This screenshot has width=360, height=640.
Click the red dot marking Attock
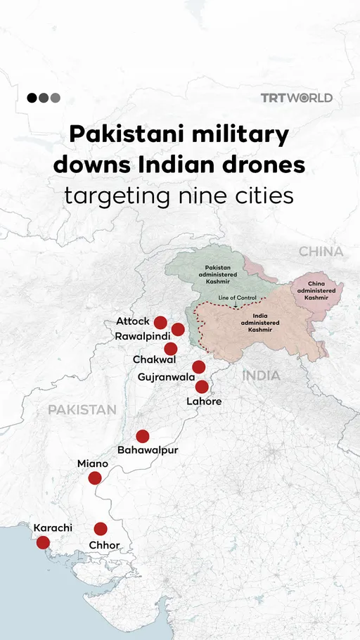click(160, 323)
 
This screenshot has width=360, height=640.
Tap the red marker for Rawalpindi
click(178, 329)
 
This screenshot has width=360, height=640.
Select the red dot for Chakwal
click(170, 349)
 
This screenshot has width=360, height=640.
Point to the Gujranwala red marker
click(198, 366)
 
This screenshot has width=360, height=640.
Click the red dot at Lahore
click(202, 386)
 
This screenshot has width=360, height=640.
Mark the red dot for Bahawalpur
click(143, 436)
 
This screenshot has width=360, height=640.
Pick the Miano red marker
click(95, 478)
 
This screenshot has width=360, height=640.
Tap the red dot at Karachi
click(43, 542)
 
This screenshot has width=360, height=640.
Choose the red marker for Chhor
click(101, 528)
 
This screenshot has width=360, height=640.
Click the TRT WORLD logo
click(296, 98)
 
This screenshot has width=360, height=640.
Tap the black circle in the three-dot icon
click(32, 98)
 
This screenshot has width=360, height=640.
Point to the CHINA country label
click(321, 251)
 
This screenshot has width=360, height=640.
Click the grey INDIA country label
click(261, 376)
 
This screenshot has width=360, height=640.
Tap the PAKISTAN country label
click(82, 409)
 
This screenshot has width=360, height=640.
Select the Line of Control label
click(237, 298)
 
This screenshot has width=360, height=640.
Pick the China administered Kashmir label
click(316, 290)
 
